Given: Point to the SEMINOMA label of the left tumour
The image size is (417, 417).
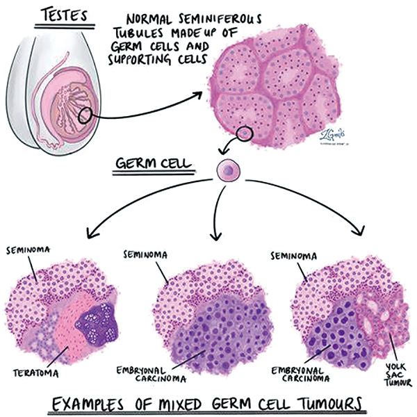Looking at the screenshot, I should (27, 247).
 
